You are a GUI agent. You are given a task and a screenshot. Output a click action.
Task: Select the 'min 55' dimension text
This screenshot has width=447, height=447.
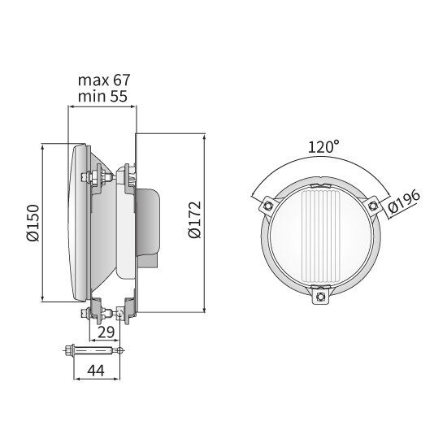(103, 97)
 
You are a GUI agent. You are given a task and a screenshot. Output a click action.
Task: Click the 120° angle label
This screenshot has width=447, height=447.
(323, 147)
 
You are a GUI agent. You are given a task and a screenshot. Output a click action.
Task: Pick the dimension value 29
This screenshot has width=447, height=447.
(105, 332)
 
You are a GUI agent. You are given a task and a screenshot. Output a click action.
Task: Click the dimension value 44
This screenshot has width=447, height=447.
(97, 370)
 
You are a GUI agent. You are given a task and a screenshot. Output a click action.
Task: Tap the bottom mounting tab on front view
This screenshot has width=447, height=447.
(323, 298)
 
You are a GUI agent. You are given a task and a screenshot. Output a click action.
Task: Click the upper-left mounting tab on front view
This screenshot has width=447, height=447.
(267, 206)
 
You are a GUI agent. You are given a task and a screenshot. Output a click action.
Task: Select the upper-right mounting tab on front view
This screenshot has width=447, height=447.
(373, 205)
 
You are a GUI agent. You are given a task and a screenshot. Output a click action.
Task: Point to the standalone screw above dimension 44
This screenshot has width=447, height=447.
(92, 351)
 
